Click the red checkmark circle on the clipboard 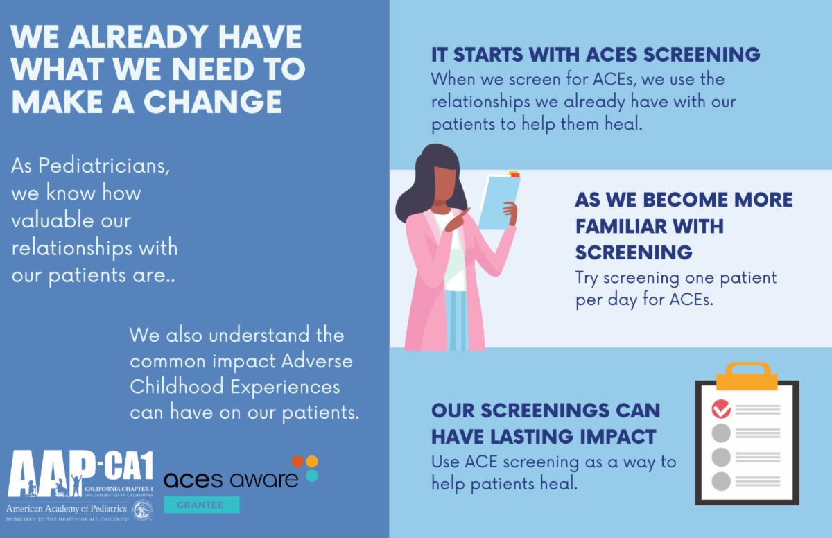721,409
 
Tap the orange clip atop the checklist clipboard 747,376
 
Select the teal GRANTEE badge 202,505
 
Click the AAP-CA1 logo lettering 80,473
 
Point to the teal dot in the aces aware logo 312,476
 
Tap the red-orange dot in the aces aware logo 298,461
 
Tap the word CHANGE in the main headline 213,102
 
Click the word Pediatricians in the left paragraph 104,166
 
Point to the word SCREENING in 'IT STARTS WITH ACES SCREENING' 702,55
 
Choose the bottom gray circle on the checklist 721,481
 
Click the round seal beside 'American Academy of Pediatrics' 143,510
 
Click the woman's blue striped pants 456,320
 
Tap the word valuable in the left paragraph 71,220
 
